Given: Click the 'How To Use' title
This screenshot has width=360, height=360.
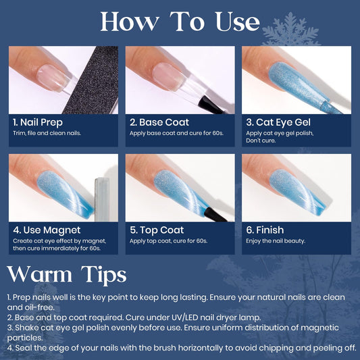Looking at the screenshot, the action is click(180, 22).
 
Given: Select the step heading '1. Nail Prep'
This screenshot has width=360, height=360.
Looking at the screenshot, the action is click(38, 122).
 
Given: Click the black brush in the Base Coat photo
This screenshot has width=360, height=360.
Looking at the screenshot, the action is click(211, 106).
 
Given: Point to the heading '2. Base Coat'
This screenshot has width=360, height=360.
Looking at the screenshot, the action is click(159, 122).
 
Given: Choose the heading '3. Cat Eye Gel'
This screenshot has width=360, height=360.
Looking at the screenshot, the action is click(278, 122).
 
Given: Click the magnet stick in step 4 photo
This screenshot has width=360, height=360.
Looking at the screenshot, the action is click(102, 199).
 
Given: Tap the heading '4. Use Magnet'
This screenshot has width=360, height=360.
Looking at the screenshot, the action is click(47, 230).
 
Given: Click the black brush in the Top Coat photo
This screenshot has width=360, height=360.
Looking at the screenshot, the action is click(216, 215).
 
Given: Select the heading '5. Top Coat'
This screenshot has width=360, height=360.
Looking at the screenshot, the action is click(157, 230).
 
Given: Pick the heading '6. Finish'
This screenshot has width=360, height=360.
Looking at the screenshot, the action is click(265, 230).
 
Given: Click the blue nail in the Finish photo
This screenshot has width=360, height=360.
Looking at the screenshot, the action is click(297, 192).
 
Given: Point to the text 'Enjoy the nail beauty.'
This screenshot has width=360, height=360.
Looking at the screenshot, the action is click(276, 241).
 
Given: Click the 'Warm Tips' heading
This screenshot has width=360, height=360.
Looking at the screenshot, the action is click(67, 275).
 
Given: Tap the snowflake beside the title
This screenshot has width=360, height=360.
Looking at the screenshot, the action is click(290, 30).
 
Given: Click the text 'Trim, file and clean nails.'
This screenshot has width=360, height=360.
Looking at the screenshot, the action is click(47, 133).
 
